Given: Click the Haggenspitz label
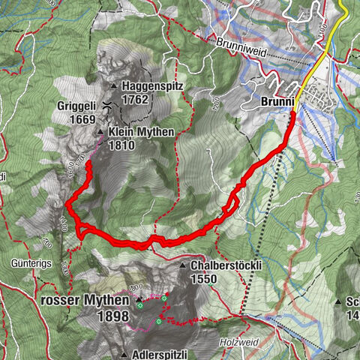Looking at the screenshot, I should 148,85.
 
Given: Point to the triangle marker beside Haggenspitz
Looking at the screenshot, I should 113,85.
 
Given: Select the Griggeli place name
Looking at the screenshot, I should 76,106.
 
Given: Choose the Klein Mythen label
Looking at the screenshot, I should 141,131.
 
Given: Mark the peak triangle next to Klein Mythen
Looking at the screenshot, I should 101,132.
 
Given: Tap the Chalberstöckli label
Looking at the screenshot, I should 224,266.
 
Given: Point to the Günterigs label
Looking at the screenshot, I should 29,264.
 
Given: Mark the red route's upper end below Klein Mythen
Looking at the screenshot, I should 88,163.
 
